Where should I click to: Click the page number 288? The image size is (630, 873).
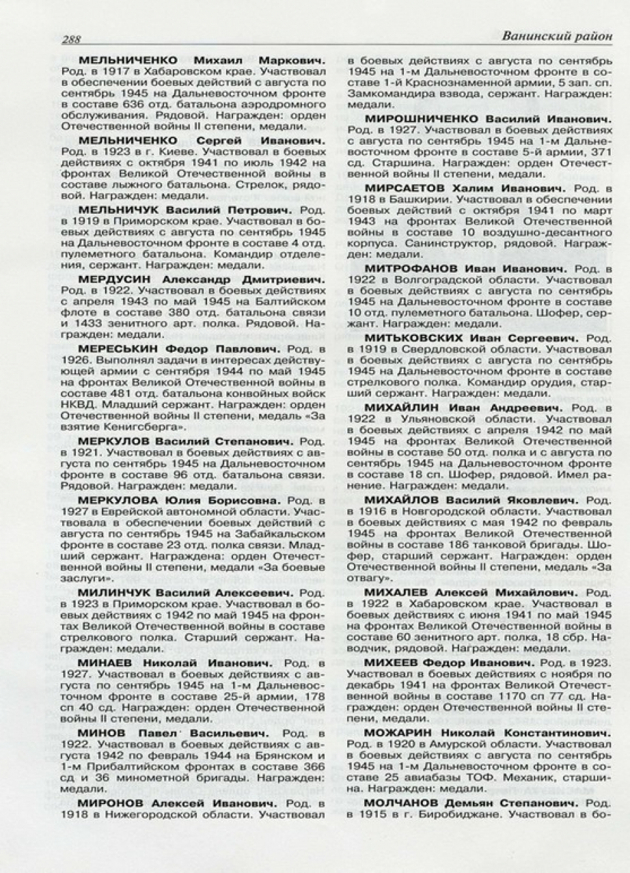71,39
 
